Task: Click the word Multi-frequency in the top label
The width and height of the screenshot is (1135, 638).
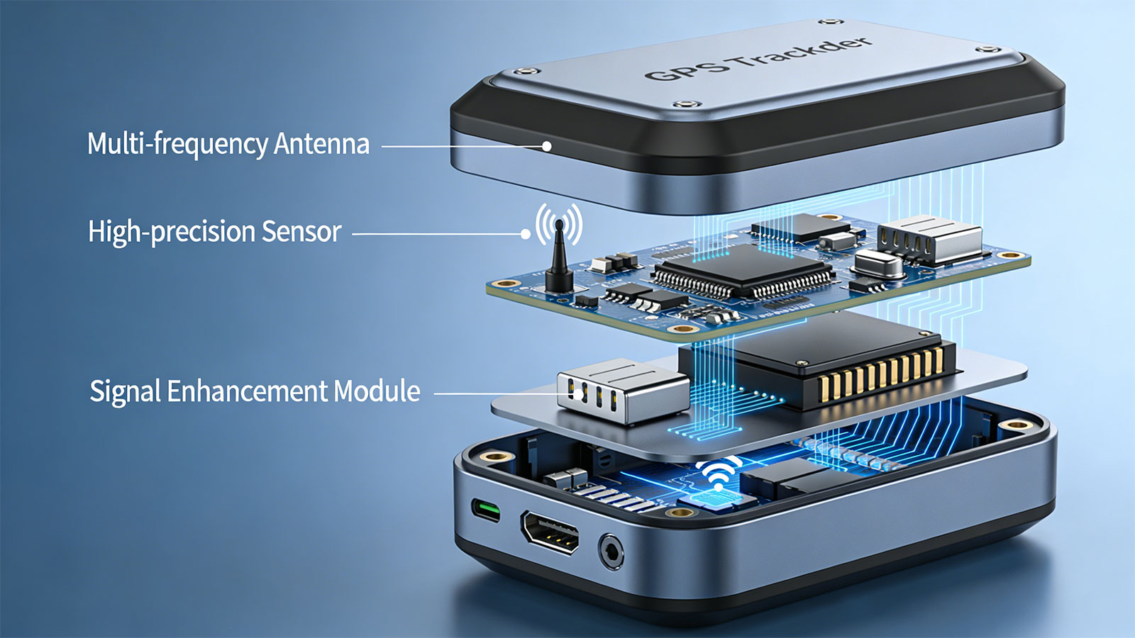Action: point(177,144)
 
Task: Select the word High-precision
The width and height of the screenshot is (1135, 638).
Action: point(171,233)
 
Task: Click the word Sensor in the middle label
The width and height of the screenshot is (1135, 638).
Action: point(301,232)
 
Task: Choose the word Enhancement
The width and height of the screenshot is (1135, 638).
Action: point(248,391)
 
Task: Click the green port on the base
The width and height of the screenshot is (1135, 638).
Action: point(485,510)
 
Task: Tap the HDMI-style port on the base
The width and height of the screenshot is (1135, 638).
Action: point(550,532)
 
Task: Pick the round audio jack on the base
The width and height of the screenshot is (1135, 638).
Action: point(611,552)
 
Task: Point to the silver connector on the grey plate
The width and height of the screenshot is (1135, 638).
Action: point(624,390)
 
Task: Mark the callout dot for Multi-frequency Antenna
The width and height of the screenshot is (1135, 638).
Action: point(547,146)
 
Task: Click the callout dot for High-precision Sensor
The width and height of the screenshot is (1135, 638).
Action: point(526,234)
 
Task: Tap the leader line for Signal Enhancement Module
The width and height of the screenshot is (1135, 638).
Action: point(502,393)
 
